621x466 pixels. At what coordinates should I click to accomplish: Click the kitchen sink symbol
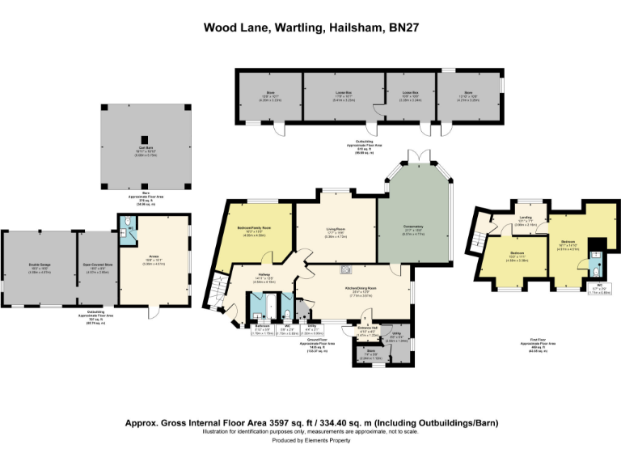[345, 270]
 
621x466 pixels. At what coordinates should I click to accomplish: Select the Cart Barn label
[146, 147]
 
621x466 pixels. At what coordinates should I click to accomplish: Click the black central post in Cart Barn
[146, 138]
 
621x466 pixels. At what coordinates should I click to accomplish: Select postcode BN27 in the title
[401, 28]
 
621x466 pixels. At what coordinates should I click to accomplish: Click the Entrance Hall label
[366, 331]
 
